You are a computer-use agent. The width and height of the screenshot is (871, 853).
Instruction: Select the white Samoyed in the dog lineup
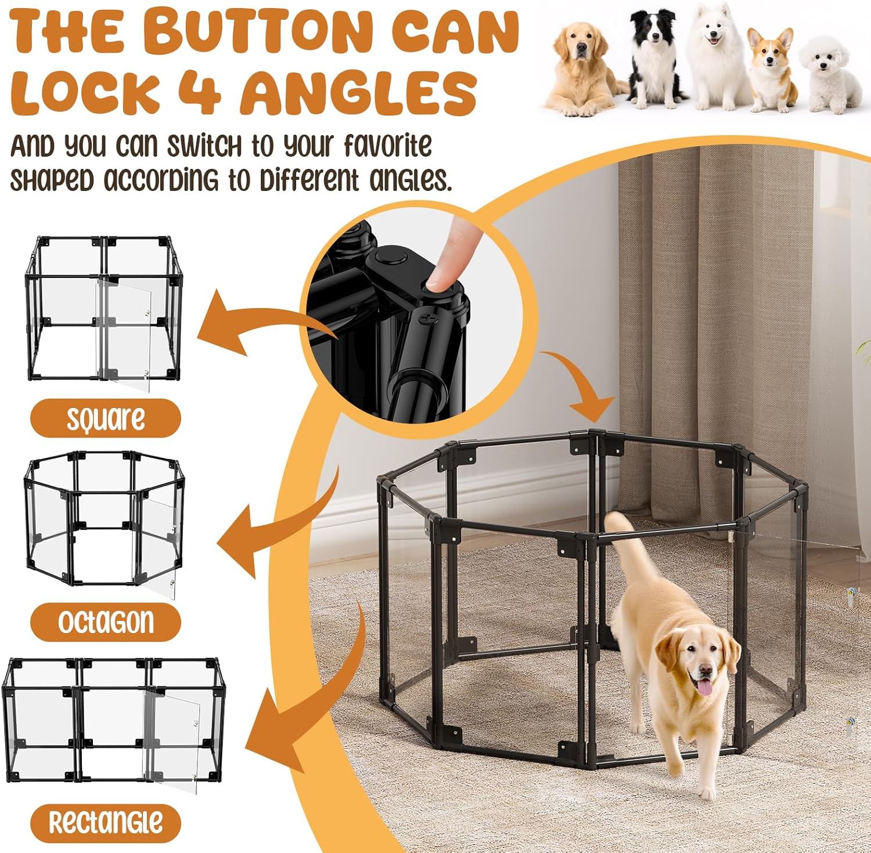716,58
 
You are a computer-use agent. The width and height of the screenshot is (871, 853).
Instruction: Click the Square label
106,418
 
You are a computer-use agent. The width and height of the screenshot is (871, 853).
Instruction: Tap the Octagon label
106,622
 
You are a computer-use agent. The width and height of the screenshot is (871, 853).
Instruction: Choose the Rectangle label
106,822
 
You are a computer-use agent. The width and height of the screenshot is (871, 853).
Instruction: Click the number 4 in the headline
199,91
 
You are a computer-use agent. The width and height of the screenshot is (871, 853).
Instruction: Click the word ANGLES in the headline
360,91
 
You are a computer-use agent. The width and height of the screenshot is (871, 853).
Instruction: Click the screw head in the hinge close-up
429,319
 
